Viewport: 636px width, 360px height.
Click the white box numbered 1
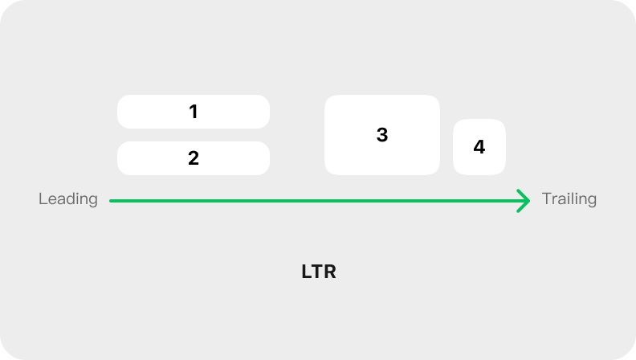point(194,112)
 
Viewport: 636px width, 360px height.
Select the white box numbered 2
point(194,158)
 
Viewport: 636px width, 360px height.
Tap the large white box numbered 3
point(382,135)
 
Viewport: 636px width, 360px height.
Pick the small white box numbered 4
point(479,147)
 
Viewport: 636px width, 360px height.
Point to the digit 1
point(194,112)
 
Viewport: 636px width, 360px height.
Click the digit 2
point(194,157)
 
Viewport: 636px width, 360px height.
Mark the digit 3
point(382,135)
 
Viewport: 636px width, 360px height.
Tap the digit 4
point(479,147)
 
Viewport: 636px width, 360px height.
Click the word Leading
point(68,199)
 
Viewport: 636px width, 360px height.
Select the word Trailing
point(569,199)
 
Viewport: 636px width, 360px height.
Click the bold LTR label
point(319,272)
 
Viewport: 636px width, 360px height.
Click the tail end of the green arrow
point(110,201)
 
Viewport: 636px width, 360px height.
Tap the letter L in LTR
point(306,272)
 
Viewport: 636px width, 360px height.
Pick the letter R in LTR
point(330,272)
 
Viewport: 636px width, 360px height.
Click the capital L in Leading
point(43,198)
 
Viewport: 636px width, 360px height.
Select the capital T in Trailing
point(547,198)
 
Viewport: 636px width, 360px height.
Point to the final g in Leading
point(93,202)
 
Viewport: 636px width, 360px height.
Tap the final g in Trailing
point(592,202)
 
